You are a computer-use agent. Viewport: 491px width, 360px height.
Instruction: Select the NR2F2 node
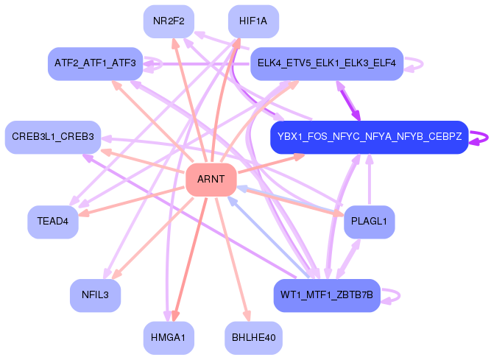169,21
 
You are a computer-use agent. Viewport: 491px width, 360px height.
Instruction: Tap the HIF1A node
253,21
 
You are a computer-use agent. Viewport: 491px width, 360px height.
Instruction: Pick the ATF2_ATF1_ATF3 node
94,63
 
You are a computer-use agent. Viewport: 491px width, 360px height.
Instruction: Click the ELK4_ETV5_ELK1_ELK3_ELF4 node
327,64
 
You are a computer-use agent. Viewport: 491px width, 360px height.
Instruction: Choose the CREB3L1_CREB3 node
53,137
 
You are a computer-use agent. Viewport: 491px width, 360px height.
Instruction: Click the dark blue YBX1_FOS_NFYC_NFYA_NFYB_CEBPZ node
369,137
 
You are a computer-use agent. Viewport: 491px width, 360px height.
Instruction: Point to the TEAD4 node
53,222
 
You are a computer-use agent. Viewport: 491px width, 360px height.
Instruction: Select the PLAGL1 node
370,222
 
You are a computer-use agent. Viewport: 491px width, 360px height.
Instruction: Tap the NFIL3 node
95,296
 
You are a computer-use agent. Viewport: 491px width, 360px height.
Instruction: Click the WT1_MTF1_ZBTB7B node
327,296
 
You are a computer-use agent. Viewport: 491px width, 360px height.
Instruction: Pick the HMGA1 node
169,337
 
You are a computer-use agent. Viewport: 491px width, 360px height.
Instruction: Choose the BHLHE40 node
253,337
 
